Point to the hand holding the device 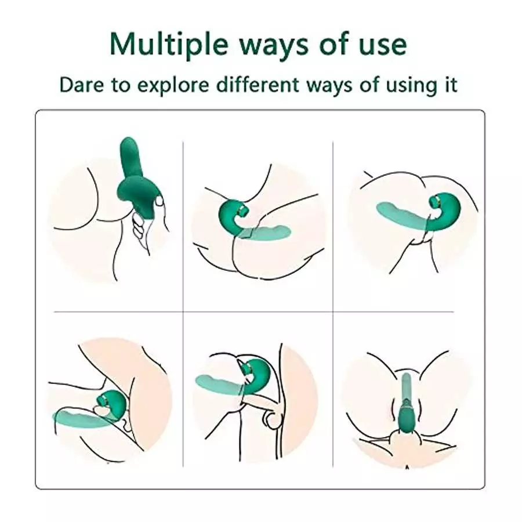142,223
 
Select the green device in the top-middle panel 232,217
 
